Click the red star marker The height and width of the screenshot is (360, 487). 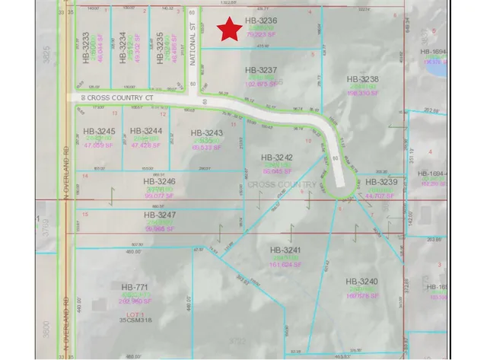[230, 30]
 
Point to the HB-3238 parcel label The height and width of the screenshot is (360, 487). [361, 78]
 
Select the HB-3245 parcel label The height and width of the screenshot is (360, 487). [99, 131]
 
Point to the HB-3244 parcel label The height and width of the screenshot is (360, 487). [147, 131]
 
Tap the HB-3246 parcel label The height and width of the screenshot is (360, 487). [159, 182]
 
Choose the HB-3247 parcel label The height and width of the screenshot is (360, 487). [159, 215]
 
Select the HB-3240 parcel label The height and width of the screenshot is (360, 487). [361, 281]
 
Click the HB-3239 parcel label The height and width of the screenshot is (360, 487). [381, 183]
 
